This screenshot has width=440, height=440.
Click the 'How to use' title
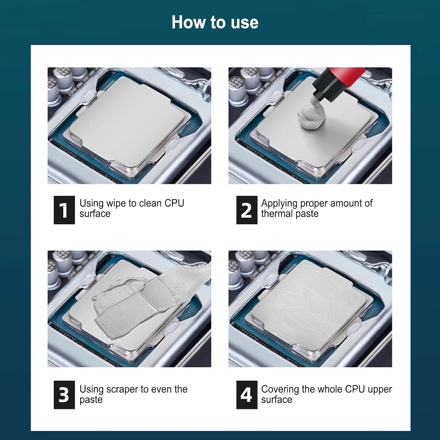215,22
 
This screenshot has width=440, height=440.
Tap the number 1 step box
64,210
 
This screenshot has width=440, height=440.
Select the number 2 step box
247,210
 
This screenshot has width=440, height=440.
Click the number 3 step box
64,395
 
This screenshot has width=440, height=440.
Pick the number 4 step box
247,395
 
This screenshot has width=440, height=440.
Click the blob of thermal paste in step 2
312,115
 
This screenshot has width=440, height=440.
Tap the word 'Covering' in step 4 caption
280,389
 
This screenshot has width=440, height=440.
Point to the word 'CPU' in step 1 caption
174,203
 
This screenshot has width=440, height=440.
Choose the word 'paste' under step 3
91,400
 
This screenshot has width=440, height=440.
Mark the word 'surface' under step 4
277,400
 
